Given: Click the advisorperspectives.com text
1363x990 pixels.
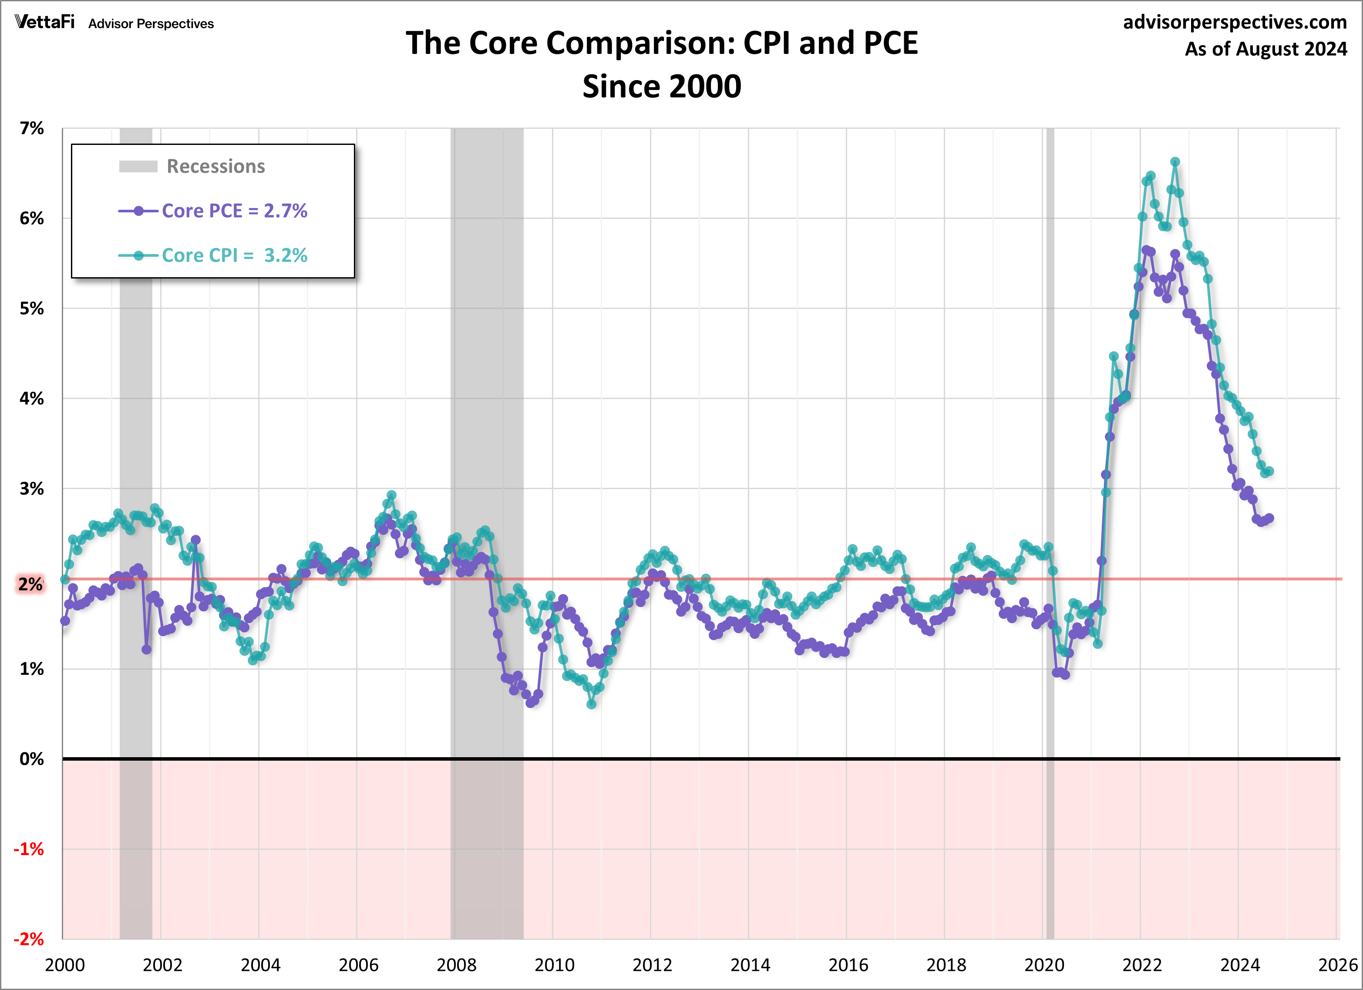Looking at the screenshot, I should (x=1235, y=22).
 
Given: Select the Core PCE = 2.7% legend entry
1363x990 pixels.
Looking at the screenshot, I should (x=234, y=211).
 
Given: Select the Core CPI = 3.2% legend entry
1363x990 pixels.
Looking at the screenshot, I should (x=234, y=255).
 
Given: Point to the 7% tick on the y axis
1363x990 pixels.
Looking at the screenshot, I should (x=31, y=128).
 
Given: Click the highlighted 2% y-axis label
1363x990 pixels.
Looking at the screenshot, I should (x=30, y=584).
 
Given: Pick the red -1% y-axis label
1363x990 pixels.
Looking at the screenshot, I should (x=29, y=849).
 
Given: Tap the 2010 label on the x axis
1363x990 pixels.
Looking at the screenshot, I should (x=554, y=965).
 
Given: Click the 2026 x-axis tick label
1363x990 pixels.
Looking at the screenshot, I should (x=1337, y=965).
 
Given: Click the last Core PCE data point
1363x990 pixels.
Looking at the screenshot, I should (x=1269, y=518).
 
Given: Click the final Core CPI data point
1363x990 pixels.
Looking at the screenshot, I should (x=1269, y=472).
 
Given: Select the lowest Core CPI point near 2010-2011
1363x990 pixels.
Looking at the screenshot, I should (x=591, y=704).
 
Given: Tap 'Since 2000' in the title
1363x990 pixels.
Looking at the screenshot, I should (x=662, y=87).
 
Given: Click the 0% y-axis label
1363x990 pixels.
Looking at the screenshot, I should (x=31, y=759).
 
